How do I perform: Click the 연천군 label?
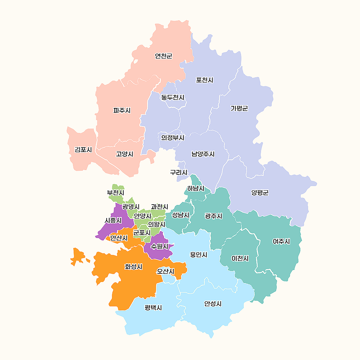[x=164, y=56]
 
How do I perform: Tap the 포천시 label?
[x=205, y=80]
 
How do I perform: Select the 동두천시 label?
[x=172, y=97]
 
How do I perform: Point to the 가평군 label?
[x=239, y=108]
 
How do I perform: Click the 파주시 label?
[x=122, y=110]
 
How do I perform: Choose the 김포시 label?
[x=83, y=150]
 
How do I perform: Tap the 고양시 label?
[x=125, y=154]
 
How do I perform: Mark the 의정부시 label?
[x=172, y=137]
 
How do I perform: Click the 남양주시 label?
[x=203, y=154]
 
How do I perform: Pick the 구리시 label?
[x=179, y=172]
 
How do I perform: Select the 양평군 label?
[x=260, y=193]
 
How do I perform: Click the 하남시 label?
[x=196, y=189]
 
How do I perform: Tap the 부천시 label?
[x=116, y=193]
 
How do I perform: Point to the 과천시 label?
[x=159, y=207]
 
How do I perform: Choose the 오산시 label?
[x=166, y=271]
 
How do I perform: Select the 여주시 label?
[x=281, y=241]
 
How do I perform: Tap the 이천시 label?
[x=240, y=258]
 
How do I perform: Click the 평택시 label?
[x=153, y=307]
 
